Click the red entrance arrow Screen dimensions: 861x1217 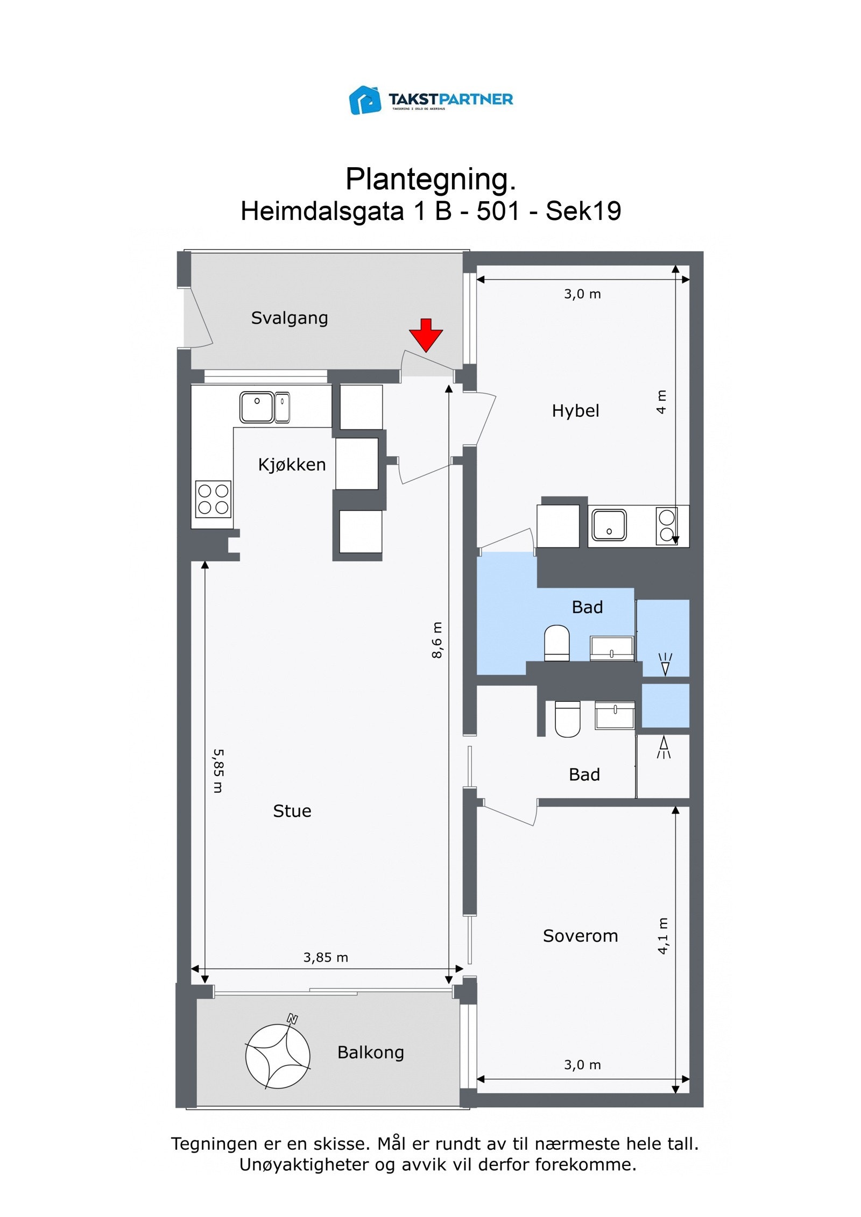(426, 335)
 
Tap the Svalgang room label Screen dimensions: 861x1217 (290, 318)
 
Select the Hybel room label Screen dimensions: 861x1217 (575, 411)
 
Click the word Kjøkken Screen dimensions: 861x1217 (292, 464)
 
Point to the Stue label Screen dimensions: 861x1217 (292, 811)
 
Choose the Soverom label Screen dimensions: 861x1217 (580, 936)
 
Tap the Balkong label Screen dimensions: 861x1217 (371, 1052)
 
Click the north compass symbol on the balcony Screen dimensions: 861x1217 (278, 1055)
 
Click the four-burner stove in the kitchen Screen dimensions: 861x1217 (214, 499)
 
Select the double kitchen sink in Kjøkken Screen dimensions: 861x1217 (265, 407)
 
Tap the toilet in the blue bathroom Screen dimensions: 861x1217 (557, 643)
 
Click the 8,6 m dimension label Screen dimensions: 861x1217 (437, 640)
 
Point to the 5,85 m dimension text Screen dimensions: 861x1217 (218, 771)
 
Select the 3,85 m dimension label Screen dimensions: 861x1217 (326, 957)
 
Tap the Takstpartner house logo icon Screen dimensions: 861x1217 (365, 100)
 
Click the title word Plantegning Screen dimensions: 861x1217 (430, 179)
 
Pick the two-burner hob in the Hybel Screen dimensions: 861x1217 (667, 525)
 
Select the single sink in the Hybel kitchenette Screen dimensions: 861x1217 (609, 525)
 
